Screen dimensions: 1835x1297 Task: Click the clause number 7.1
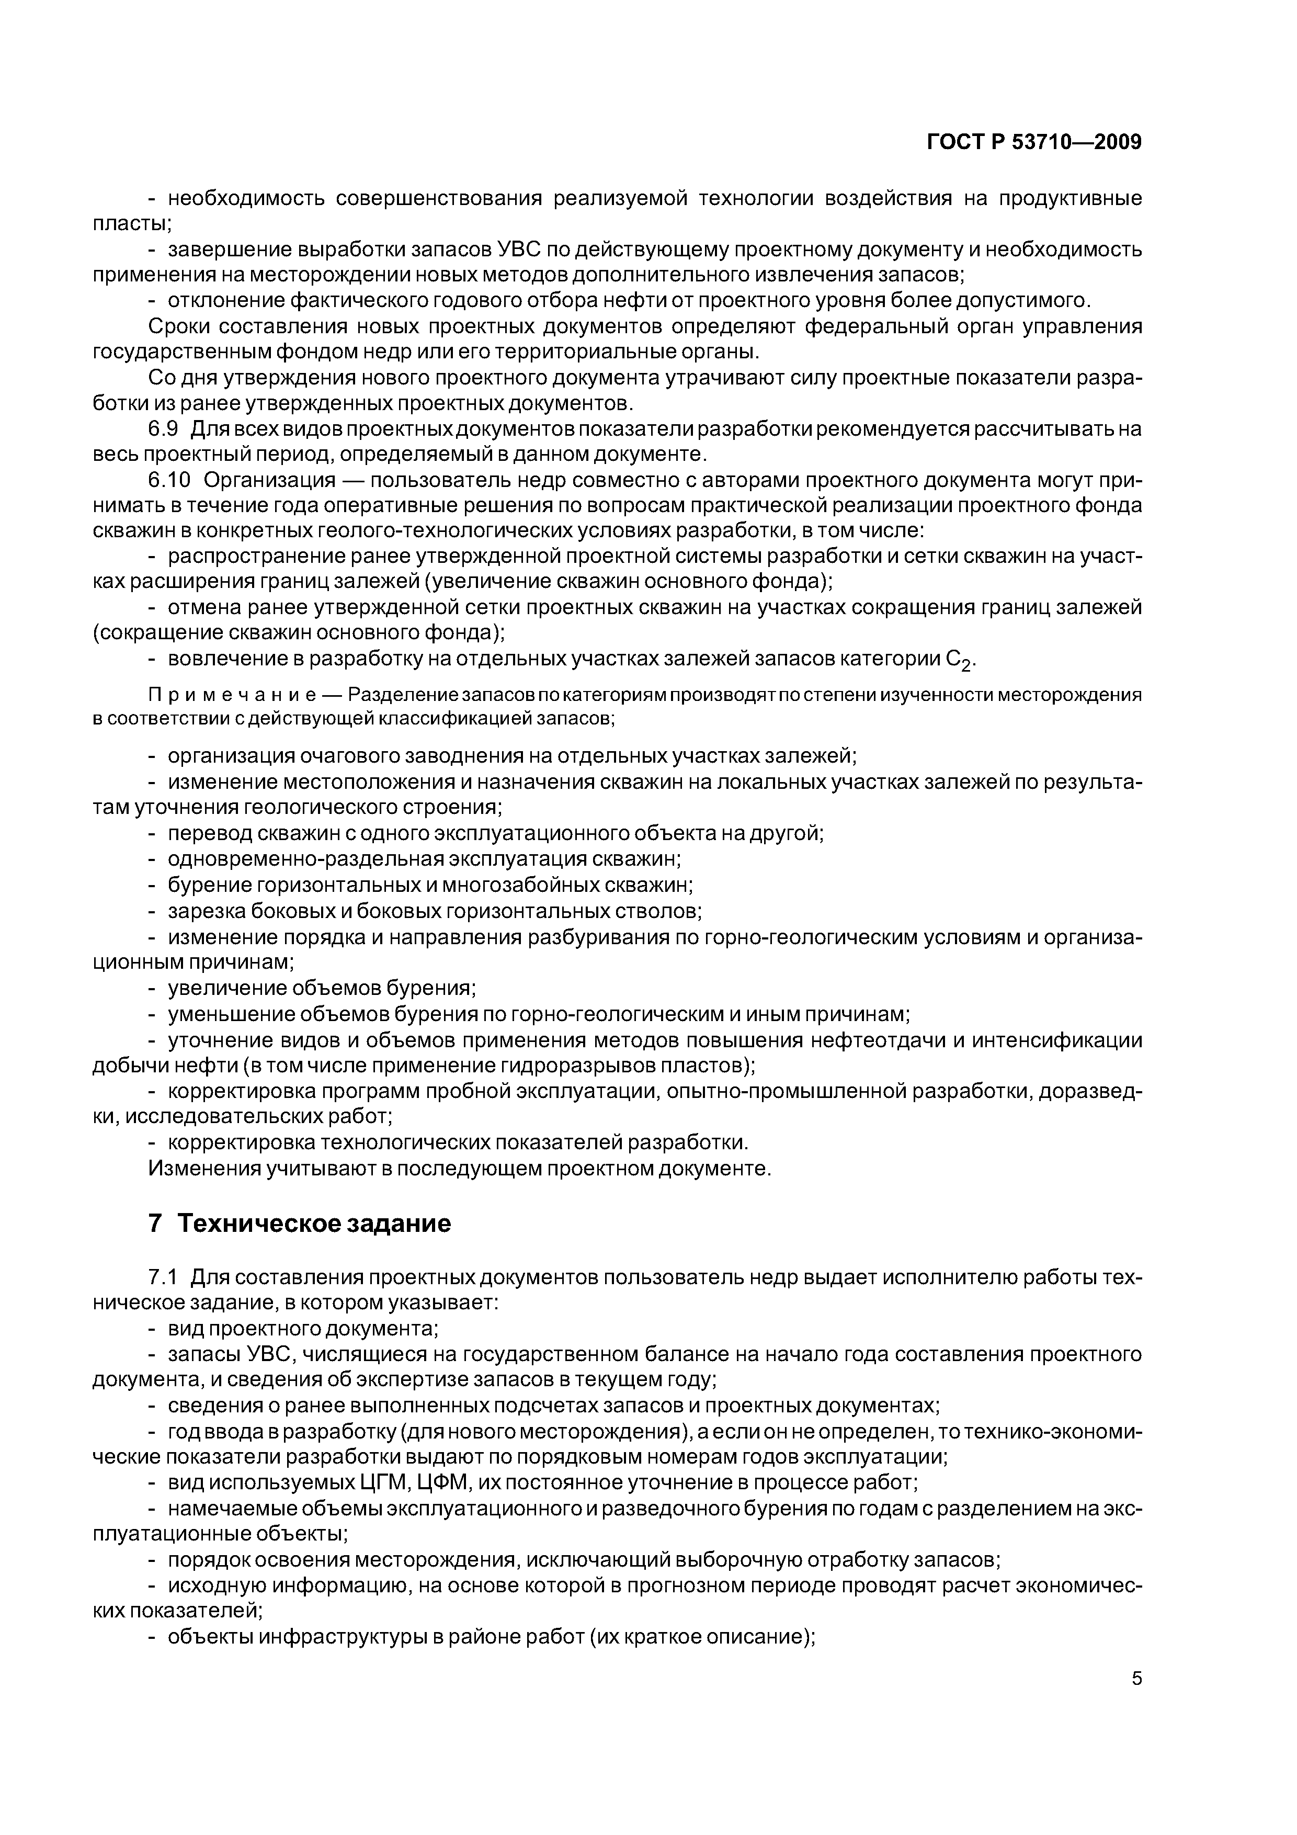[163, 1277]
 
